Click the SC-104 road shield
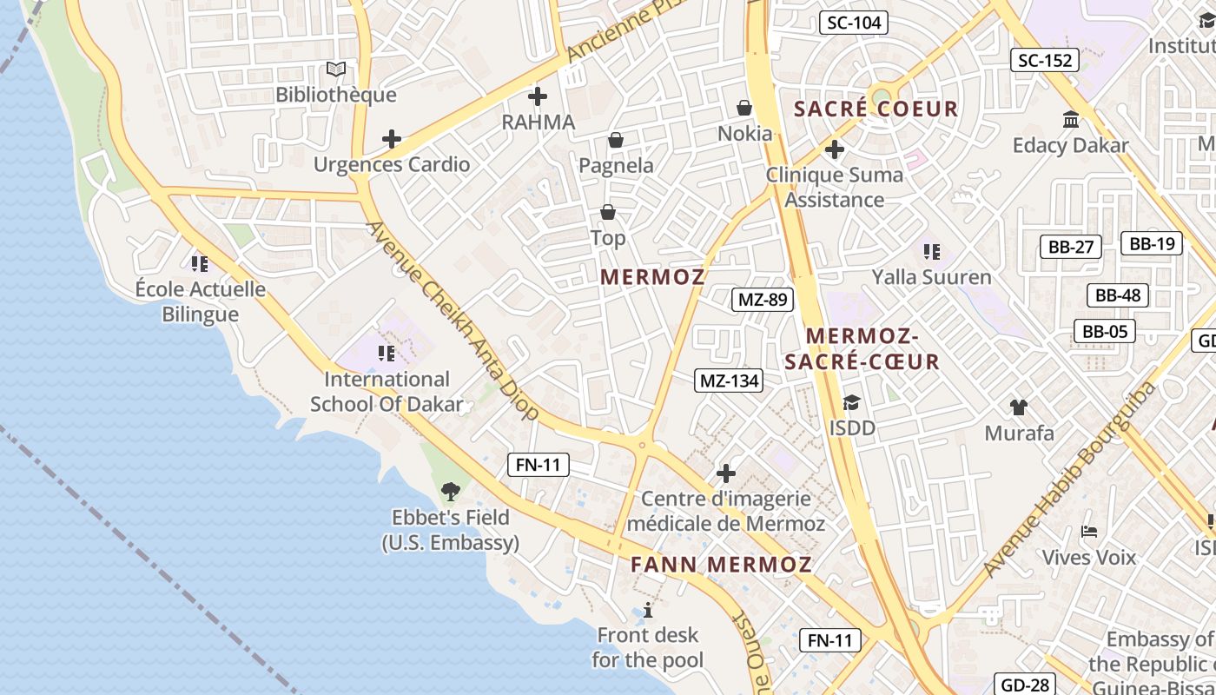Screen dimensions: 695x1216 [x=854, y=23]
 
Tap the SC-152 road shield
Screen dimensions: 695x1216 [x=1046, y=60]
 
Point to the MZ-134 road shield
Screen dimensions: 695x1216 [x=730, y=380]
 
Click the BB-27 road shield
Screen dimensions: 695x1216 [x=1071, y=247]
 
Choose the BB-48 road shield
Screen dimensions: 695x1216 [x=1118, y=295]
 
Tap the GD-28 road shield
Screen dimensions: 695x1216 [x=1026, y=685]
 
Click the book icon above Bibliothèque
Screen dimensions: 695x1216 [x=336, y=69]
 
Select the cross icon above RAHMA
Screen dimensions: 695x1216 [x=538, y=96]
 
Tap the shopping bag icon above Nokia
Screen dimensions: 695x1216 [x=744, y=108]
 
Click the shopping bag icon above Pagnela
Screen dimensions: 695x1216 [x=616, y=140]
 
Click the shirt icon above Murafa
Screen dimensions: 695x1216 [x=1019, y=407]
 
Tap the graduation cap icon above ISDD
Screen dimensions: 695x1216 [x=851, y=402]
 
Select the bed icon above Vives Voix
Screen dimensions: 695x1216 [x=1088, y=531]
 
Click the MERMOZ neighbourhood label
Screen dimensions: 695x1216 [x=653, y=277]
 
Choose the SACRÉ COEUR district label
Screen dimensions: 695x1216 [x=876, y=109]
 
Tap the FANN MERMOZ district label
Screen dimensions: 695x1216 [x=721, y=565]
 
